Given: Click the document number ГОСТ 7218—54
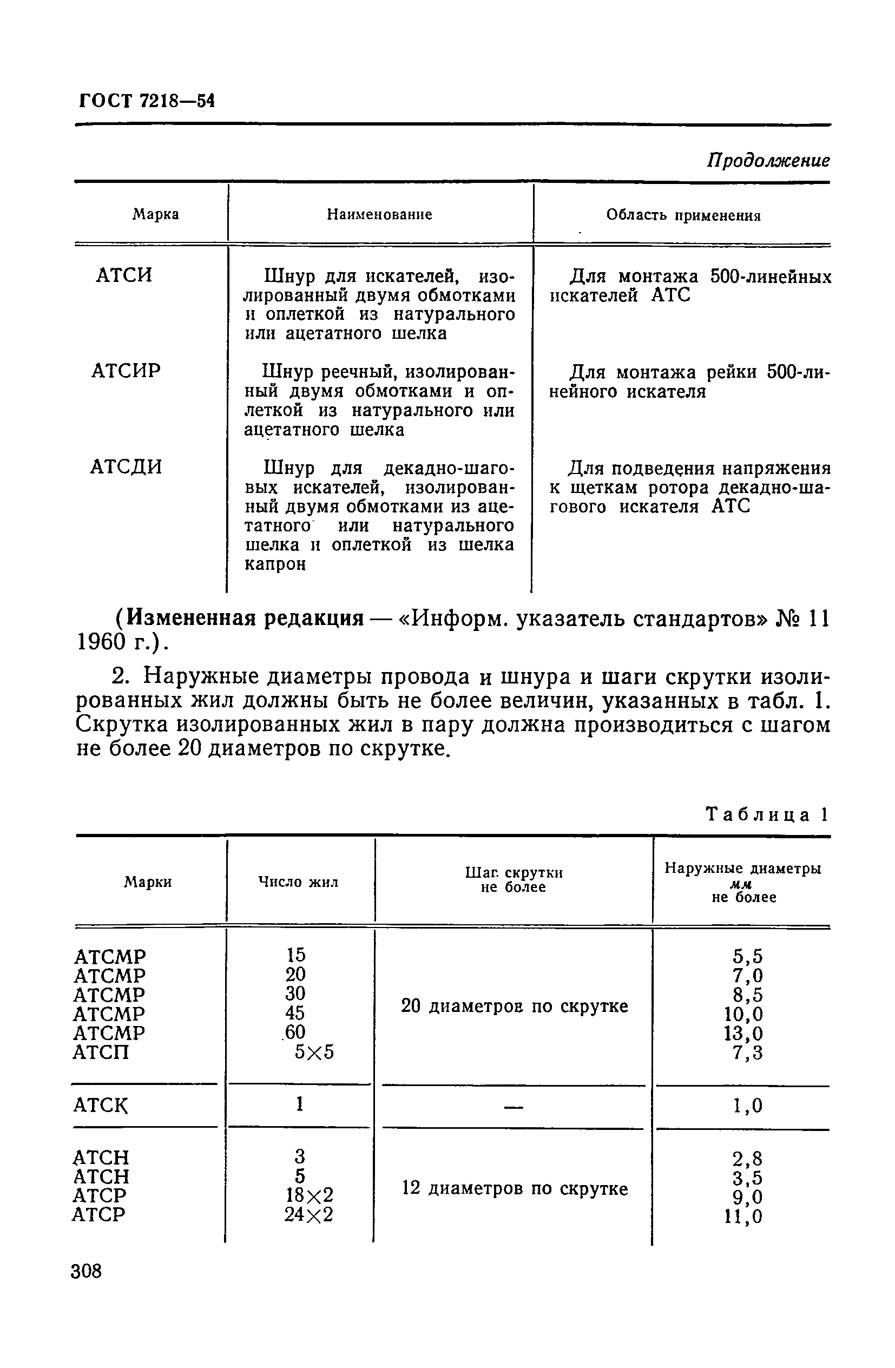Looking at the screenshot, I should pos(146,101).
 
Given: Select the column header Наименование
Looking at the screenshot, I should pos(379,215).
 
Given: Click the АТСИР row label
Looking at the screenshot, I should pos(126,371).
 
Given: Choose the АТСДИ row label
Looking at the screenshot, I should pos(126,466).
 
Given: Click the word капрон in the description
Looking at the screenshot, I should pos(275,564).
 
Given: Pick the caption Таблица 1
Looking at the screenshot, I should pos(766,815).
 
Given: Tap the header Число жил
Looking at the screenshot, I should pos(298,882).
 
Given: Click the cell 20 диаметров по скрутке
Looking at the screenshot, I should pos(514,1007).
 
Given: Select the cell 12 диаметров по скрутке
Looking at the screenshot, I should pos(514,1188).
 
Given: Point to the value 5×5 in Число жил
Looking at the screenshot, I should pos(314,1052).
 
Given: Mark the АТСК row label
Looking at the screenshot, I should pos(101,1105).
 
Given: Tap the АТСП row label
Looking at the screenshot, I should pos(101,1053).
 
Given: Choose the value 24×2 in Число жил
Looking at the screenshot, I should pos(308,1214).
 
